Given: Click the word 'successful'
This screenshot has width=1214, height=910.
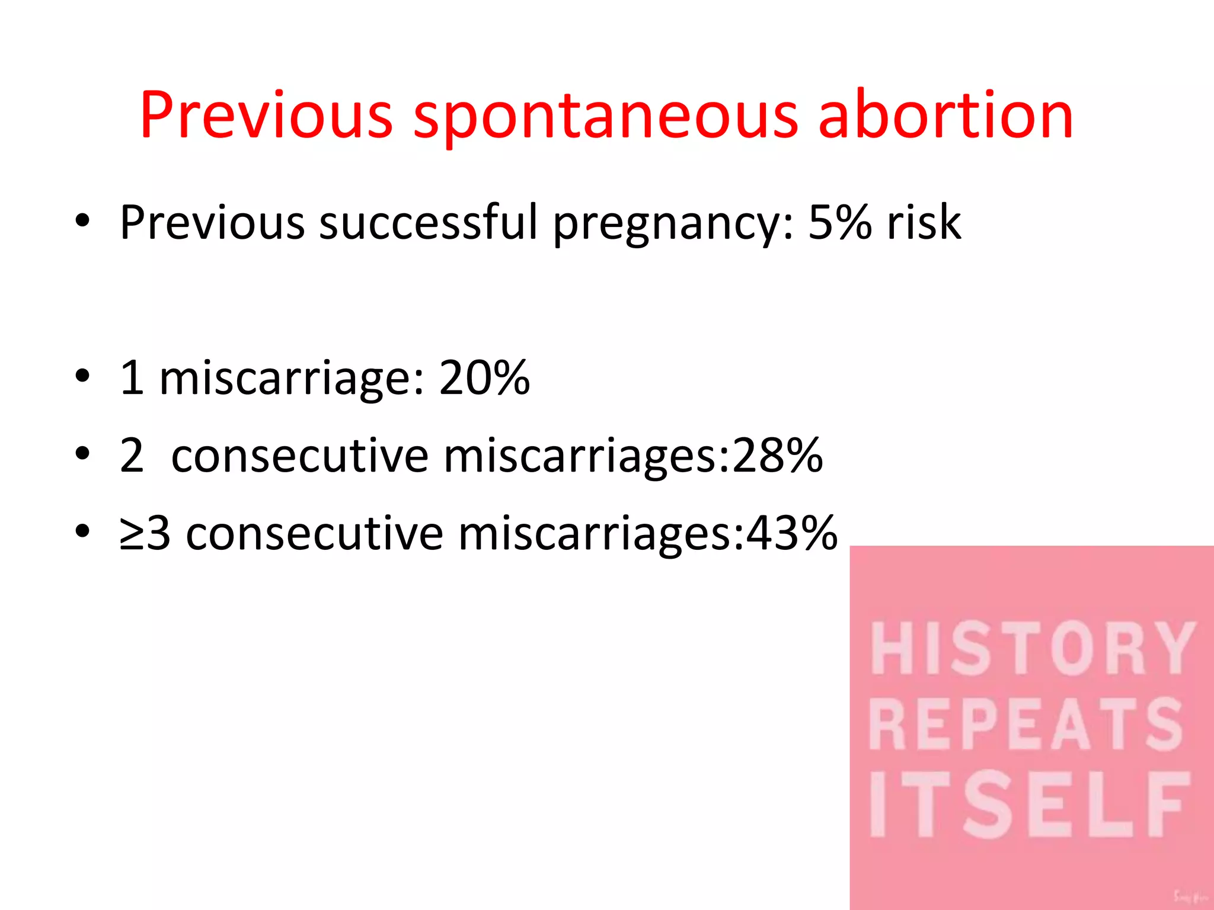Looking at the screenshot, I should pyautogui.click(x=428, y=223).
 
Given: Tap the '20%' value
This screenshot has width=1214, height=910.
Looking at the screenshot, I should pyautogui.click(x=484, y=377).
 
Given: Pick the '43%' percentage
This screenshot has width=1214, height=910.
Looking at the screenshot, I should pyautogui.click(x=792, y=533).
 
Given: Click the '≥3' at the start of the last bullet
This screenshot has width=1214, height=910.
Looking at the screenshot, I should pyautogui.click(x=145, y=533).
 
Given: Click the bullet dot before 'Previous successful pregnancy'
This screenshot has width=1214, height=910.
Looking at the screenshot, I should pyautogui.click(x=82, y=221).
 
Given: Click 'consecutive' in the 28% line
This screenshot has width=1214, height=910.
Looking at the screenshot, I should pyautogui.click(x=299, y=456).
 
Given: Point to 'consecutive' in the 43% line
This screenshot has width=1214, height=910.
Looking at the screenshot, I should pyautogui.click(x=314, y=534).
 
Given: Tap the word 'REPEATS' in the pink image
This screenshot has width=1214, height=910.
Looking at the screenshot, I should pyautogui.click(x=1027, y=725).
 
